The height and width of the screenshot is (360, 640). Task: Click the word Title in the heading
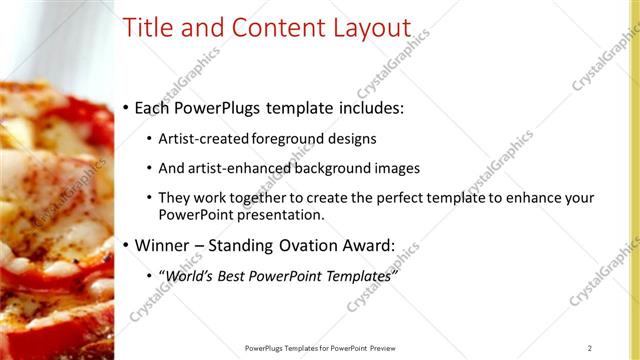point(148,29)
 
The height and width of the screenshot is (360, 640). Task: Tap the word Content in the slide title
point(269,29)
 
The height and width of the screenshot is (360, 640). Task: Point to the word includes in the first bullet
point(369,108)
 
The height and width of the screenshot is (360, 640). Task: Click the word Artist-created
point(205,139)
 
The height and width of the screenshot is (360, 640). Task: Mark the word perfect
point(396,198)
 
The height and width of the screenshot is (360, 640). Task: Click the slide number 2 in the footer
point(590,348)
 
